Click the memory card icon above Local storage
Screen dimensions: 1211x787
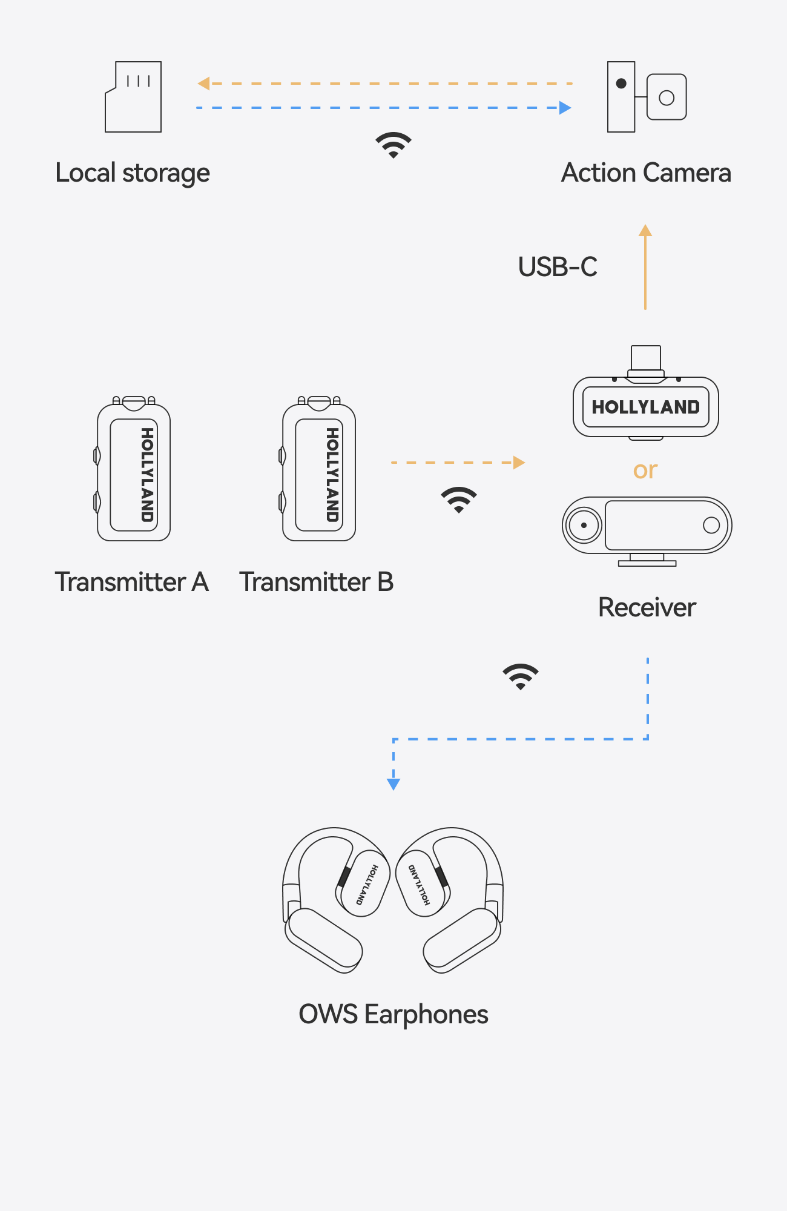click(133, 97)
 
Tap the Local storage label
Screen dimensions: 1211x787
click(133, 173)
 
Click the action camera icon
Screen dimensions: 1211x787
click(646, 97)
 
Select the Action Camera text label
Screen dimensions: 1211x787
click(646, 173)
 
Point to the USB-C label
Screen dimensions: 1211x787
click(558, 267)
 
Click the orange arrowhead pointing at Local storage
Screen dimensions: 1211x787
click(204, 84)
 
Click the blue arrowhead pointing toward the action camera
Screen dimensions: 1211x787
click(565, 108)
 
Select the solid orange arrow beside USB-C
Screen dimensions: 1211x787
click(645, 267)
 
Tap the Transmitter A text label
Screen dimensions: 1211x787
click(131, 582)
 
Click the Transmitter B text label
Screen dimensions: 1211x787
click(316, 582)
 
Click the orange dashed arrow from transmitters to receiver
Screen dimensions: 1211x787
click(458, 463)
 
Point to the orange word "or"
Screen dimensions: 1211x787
click(645, 470)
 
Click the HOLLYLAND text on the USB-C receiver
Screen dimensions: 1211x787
click(645, 407)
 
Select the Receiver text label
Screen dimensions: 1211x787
click(647, 607)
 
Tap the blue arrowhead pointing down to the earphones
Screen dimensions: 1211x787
click(393, 784)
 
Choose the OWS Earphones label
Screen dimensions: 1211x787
click(393, 1014)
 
